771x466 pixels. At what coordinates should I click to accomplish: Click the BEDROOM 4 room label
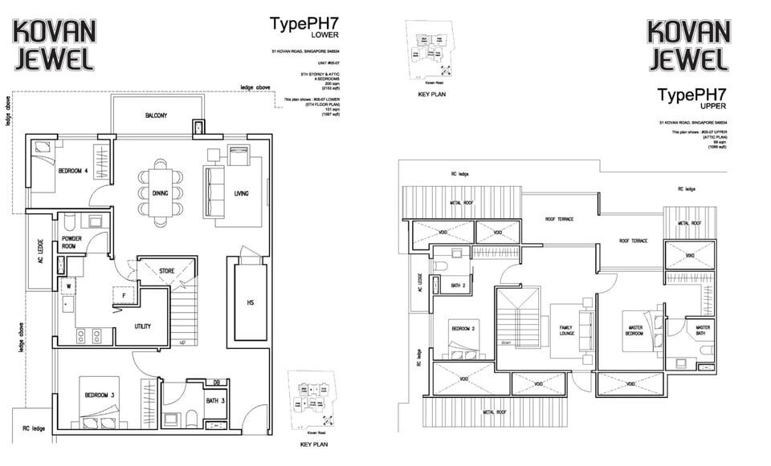click(74, 171)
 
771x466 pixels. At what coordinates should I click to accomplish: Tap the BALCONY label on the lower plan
click(156, 116)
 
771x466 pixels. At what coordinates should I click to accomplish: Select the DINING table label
click(159, 193)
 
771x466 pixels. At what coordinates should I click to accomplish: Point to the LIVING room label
click(242, 193)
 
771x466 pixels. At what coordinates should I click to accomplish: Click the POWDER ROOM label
click(73, 243)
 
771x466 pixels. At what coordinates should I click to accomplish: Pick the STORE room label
click(166, 271)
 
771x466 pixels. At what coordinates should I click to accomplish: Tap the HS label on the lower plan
click(251, 302)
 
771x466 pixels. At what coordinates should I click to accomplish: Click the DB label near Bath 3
click(216, 382)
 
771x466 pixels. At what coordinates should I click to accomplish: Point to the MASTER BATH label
click(703, 330)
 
